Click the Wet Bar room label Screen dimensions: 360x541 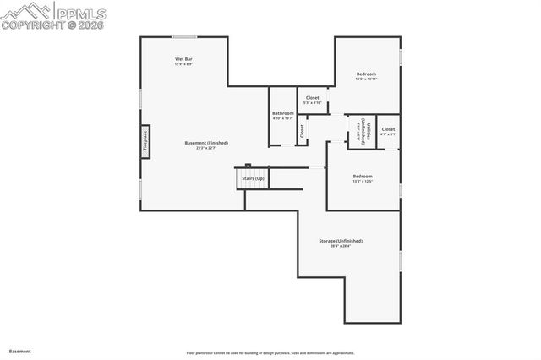click(183, 58)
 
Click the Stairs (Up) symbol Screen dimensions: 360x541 click(253, 179)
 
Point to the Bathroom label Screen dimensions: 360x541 click(282, 113)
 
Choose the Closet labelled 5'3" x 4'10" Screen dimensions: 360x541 click(312, 98)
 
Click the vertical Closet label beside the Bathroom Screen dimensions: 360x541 click(302, 130)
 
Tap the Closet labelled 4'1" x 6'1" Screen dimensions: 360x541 click(388, 130)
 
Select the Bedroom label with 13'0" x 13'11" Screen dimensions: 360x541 click(366, 74)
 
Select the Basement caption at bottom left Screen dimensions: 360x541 click(19, 350)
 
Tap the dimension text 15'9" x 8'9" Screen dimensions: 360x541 click(183, 64)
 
